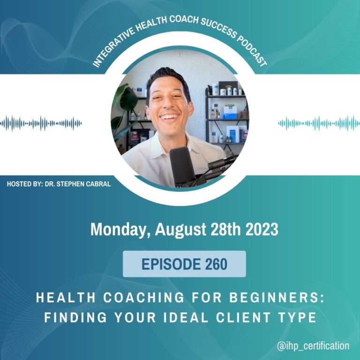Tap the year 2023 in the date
click(262, 229)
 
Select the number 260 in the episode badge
click(216, 264)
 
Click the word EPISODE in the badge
click(171, 264)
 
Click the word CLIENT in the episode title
click(243, 317)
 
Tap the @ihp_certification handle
click(313, 346)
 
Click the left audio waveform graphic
click(41, 124)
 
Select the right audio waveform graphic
click(319, 124)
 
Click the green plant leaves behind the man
click(125, 108)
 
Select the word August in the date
click(180, 230)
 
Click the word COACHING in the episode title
click(144, 298)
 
